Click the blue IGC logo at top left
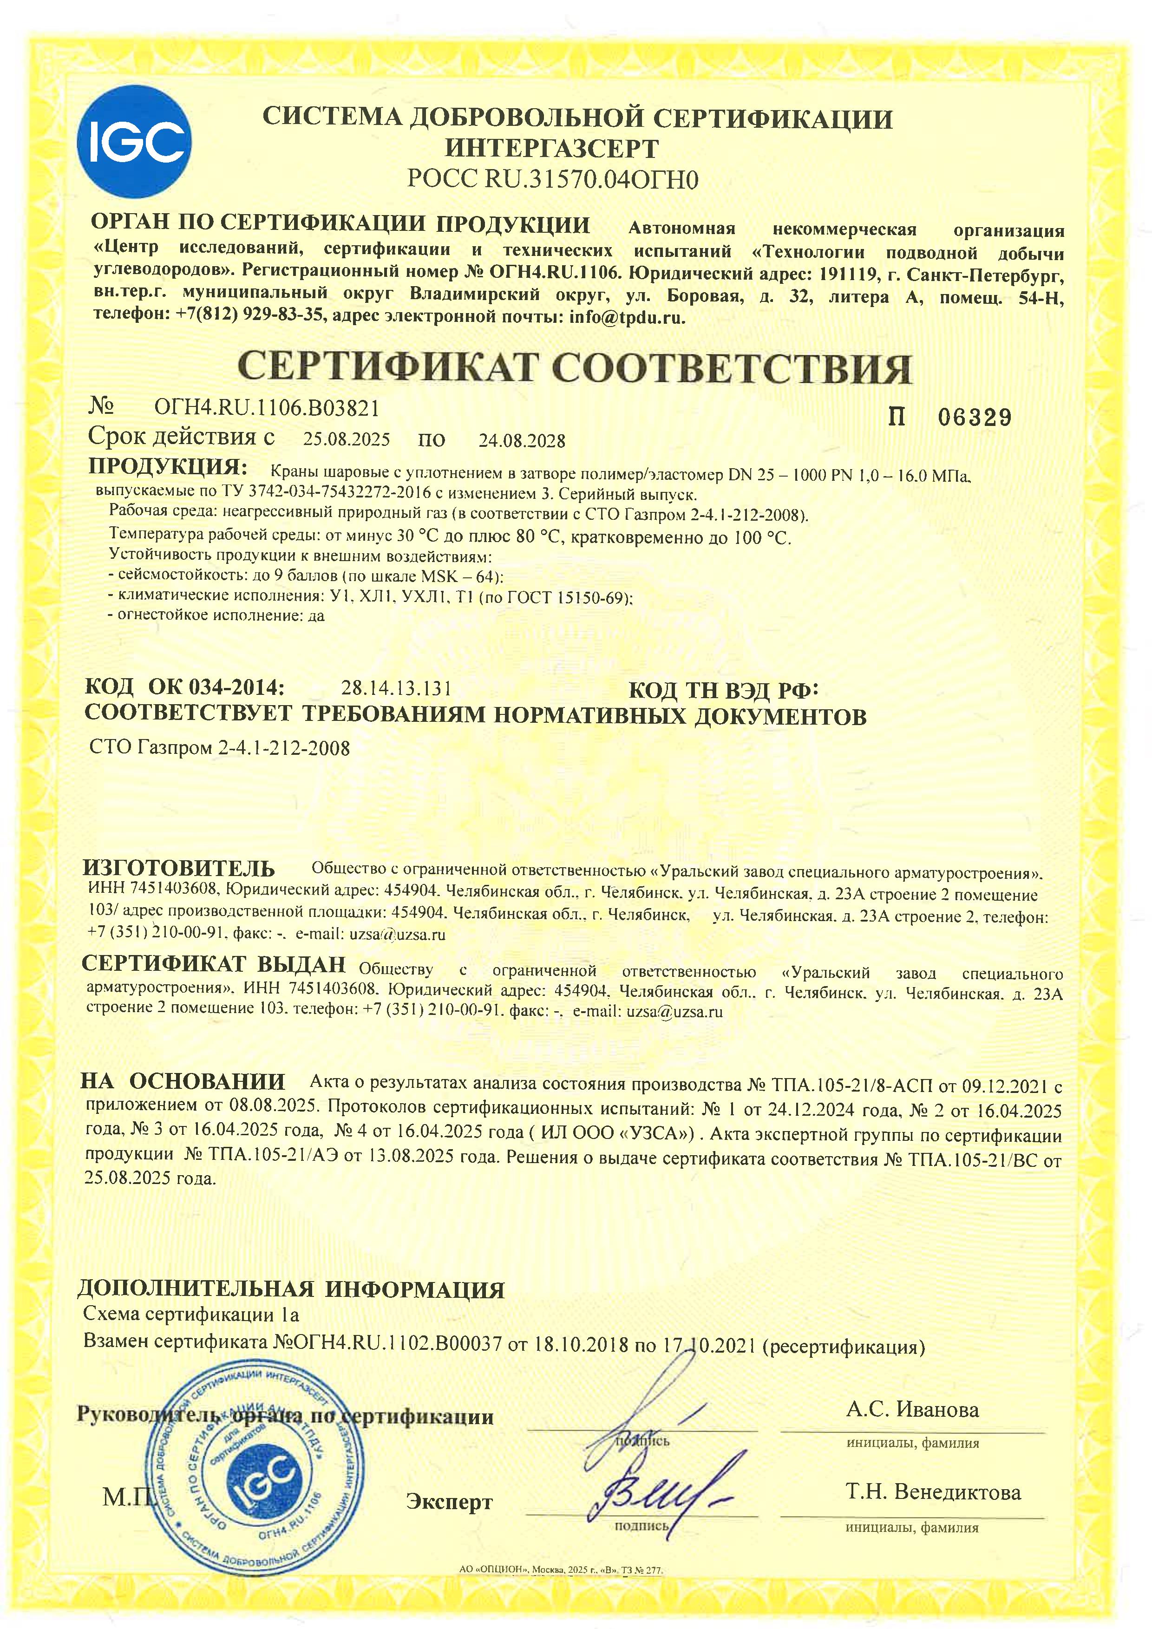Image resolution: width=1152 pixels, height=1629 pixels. tap(134, 141)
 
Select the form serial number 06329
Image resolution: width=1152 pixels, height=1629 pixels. tap(975, 418)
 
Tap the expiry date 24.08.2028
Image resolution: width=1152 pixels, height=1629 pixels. tap(521, 441)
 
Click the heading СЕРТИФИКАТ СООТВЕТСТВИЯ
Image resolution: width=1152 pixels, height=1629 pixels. tap(575, 368)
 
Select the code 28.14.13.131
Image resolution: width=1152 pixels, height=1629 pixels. tap(396, 688)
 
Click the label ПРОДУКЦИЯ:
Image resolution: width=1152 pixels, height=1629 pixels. tap(167, 468)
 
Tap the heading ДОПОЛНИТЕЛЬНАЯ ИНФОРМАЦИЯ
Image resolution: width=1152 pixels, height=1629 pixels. tap(291, 1289)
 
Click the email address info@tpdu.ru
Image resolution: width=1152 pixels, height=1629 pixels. tap(627, 317)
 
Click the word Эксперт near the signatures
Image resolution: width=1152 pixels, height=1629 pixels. tap(449, 1501)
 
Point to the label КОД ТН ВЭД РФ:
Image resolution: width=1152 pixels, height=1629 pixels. tap(724, 690)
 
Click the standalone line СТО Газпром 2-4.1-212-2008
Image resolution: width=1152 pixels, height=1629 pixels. tap(220, 748)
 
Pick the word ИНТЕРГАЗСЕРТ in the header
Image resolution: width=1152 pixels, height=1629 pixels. tap(551, 149)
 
